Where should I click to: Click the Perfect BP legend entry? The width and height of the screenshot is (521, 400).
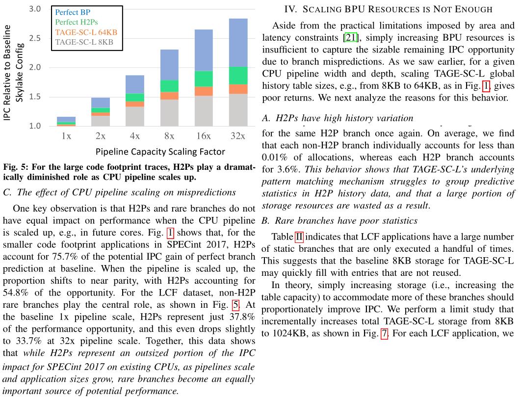pos(73,12)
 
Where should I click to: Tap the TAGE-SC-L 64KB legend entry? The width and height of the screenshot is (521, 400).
pos(86,32)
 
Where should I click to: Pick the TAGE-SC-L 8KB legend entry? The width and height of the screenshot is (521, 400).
pos(84,42)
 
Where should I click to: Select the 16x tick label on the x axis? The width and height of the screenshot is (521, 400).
pos(203,136)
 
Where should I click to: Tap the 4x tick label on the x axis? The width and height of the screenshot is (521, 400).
pos(134,136)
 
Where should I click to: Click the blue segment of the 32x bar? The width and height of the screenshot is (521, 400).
pos(237,42)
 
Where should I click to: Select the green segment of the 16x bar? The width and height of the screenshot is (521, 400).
pos(203,79)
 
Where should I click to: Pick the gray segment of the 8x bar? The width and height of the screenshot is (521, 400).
pos(169,113)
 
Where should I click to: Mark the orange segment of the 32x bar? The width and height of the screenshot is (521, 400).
pos(237,89)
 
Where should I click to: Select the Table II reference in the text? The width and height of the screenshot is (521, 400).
pos(299,239)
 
